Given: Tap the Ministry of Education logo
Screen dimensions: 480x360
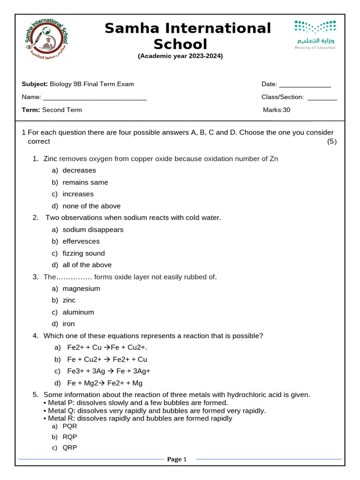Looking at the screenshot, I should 315,35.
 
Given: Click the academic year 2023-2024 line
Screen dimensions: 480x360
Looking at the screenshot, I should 180,56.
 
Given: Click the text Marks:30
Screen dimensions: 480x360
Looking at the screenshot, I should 277,110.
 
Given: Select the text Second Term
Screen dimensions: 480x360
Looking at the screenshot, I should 62,110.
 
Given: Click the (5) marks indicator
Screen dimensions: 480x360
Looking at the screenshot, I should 331,142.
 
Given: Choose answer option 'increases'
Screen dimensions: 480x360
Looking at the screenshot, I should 78,194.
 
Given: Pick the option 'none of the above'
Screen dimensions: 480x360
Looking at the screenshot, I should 91,206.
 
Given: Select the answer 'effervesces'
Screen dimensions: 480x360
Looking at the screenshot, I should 81,241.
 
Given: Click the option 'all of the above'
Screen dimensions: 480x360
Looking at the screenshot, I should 87,265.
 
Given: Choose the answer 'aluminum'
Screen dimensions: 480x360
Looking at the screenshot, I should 78,312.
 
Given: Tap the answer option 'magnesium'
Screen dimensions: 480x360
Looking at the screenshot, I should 81,289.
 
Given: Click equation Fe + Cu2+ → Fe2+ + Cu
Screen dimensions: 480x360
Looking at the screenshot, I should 107,360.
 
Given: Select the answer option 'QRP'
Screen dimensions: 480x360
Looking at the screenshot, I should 70,448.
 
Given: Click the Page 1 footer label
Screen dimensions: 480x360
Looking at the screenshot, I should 177,459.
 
